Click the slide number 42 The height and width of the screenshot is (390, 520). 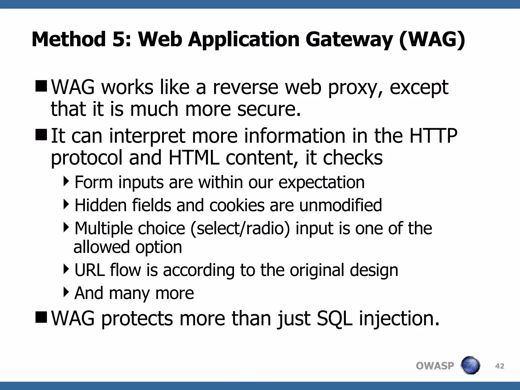(x=499, y=366)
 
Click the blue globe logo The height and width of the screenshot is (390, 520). (x=470, y=365)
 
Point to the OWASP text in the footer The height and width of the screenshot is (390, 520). (x=435, y=366)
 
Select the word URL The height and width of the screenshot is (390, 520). (x=89, y=270)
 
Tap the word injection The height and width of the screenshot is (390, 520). (x=399, y=318)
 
